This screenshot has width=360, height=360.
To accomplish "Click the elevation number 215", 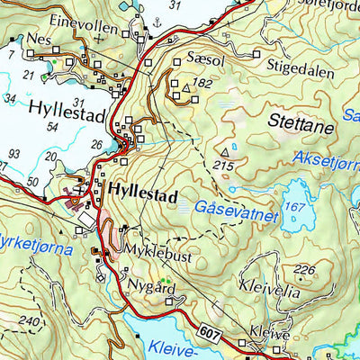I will [x=225, y=166].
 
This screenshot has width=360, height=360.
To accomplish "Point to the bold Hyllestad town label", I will [x=144, y=192].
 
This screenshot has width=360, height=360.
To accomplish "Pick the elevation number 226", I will [x=306, y=270].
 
